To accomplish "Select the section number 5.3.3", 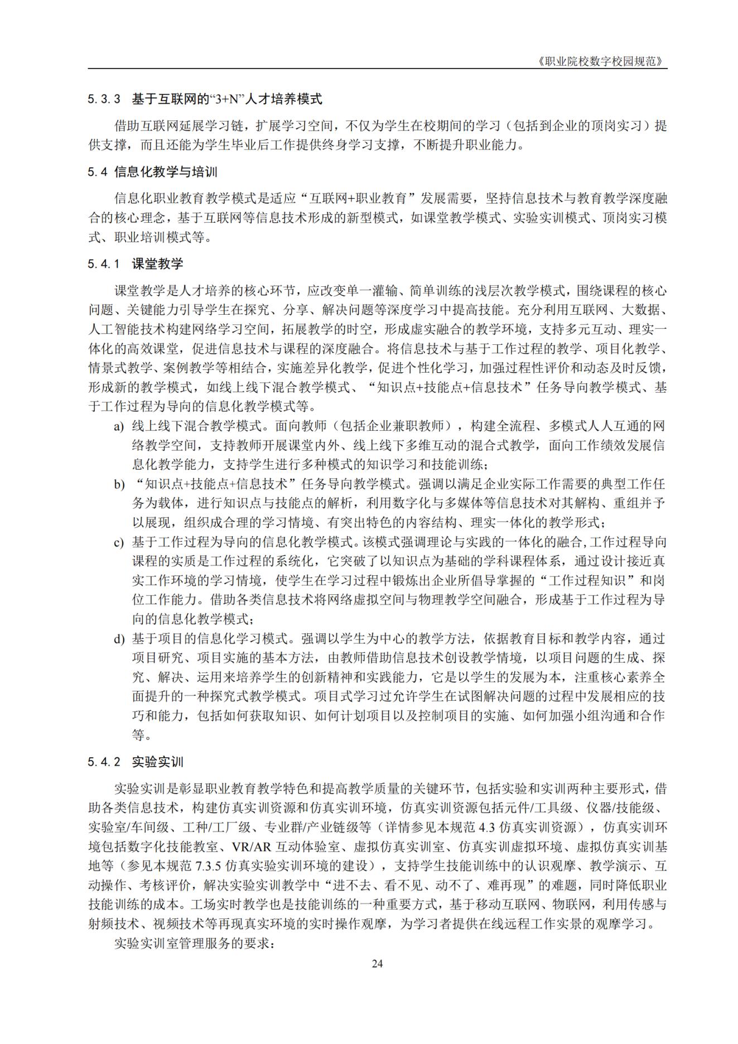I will coord(104,100).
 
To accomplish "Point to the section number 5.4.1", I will coord(104,264).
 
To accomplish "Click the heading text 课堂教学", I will coord(157,264).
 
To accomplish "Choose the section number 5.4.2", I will coord(104,762).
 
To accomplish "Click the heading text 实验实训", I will coord(157,762).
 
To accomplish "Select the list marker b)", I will coord(118,484).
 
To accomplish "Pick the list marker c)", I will coord(118,542).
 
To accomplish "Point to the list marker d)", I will coord(118,639).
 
